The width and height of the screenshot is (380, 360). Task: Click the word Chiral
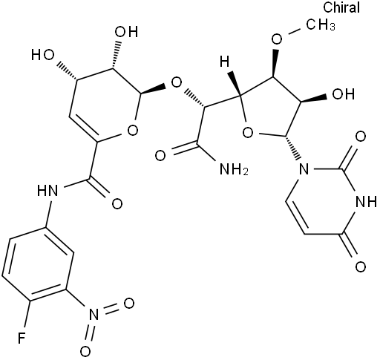341,7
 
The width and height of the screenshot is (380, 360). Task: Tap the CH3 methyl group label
321,24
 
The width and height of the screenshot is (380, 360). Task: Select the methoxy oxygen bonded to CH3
277,39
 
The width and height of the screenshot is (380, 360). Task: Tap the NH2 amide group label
234,169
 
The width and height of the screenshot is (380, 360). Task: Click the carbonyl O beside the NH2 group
160,156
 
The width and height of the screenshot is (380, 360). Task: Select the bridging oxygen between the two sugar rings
177,83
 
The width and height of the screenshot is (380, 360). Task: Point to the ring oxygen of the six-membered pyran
133,130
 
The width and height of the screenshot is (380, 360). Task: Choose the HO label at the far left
42,55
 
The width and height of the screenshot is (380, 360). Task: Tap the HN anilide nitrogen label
47,190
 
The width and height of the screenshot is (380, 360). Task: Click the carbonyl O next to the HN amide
117,203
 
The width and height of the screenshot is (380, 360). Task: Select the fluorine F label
22,338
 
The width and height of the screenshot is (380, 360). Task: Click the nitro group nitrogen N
94,315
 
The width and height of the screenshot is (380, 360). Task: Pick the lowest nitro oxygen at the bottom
85,351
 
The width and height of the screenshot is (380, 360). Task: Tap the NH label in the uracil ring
366,202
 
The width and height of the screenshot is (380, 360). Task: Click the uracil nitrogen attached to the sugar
304,169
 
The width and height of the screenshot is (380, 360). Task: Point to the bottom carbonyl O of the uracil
361,266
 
